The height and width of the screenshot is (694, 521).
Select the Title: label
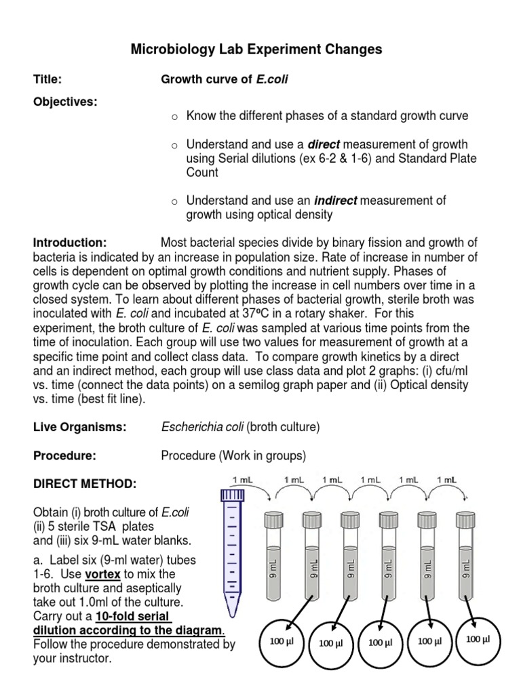click(48, 80)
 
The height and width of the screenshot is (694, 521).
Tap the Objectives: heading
click(65, 102)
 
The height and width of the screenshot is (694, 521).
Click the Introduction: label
click(70, 243)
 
